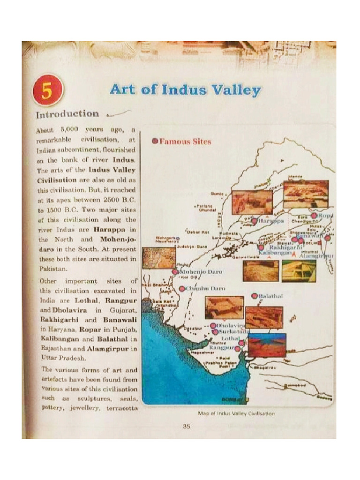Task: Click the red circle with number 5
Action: tap(47, 90)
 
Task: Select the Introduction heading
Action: tap(67, 114)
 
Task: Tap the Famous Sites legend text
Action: tap(186, 141)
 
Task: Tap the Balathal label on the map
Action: tap(271, 296)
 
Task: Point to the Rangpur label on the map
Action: tap(222, 348)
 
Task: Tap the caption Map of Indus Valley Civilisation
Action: tap(236, 413)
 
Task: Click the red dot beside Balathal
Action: tap(255, 296)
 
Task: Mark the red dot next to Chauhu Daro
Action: tap(182, 289)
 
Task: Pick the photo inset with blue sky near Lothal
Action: tap(267, 345)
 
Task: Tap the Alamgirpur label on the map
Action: tap(316, 256)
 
